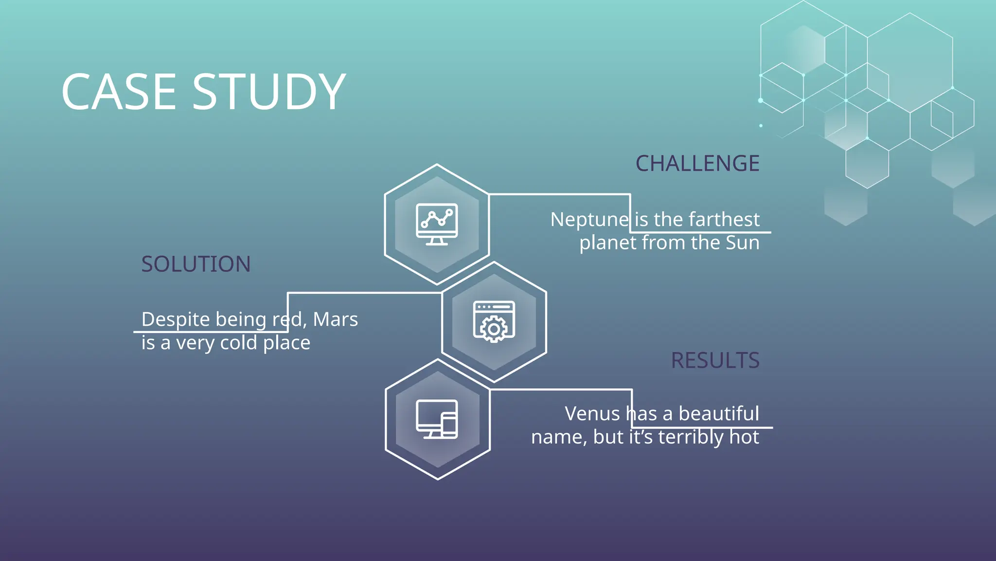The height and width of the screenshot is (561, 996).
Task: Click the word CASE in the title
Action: pyautogui.click(x=119, y=92)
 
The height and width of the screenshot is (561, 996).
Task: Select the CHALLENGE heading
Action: pyautogui.click(x=697, y=164)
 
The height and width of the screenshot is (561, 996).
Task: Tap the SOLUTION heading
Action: pyautogui.click(x=196, y=264)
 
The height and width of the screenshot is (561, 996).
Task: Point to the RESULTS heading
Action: pyautogui.click(x=715, y=361)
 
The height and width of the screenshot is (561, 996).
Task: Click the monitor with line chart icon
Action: pyautogui.click(x=437, y=224)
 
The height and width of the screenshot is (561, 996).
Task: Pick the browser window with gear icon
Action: pyautogui.click(x=494, y=321)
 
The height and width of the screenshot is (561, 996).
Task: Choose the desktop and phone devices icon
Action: pyautogui.click(x=437, y=419)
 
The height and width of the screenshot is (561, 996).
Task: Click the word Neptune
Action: pyautogui.click(x=589, y=220)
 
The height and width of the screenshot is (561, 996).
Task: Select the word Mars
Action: pyautogui.click(x=335, y=319)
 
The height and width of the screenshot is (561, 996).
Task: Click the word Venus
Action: pyautogui.click(x=592, y=414)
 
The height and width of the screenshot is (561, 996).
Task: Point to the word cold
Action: pyautogui.click(x=238, y=343)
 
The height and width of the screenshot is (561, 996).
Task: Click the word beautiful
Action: pyautogui.click(x=719, y=414)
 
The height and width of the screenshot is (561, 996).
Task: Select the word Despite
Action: pyautogui.click(x=176, y=320)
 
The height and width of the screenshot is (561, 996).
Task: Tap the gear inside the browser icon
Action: pyautogui.click(x=494, y=330)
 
